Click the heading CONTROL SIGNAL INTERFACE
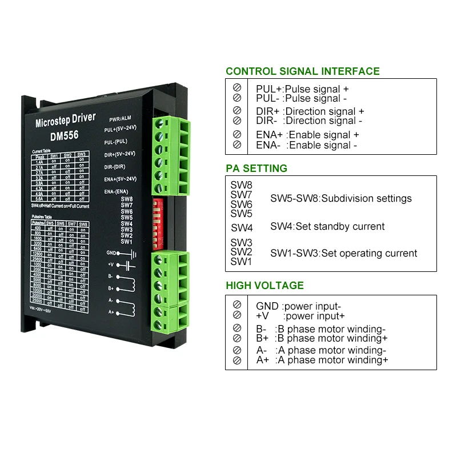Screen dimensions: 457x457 302,71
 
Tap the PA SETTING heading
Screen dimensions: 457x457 256,169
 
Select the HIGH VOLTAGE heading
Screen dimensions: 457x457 264,286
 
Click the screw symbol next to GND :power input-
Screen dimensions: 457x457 237,306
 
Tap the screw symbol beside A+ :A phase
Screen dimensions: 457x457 237,360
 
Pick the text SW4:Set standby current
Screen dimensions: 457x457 327,226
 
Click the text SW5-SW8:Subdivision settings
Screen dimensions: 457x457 340,198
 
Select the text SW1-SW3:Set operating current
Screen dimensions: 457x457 343,253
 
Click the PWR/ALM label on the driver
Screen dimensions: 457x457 119,118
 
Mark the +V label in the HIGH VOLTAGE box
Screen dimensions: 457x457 262,315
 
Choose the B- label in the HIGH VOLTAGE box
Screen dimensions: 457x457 261,329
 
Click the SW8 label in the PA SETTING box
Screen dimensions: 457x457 241,185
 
